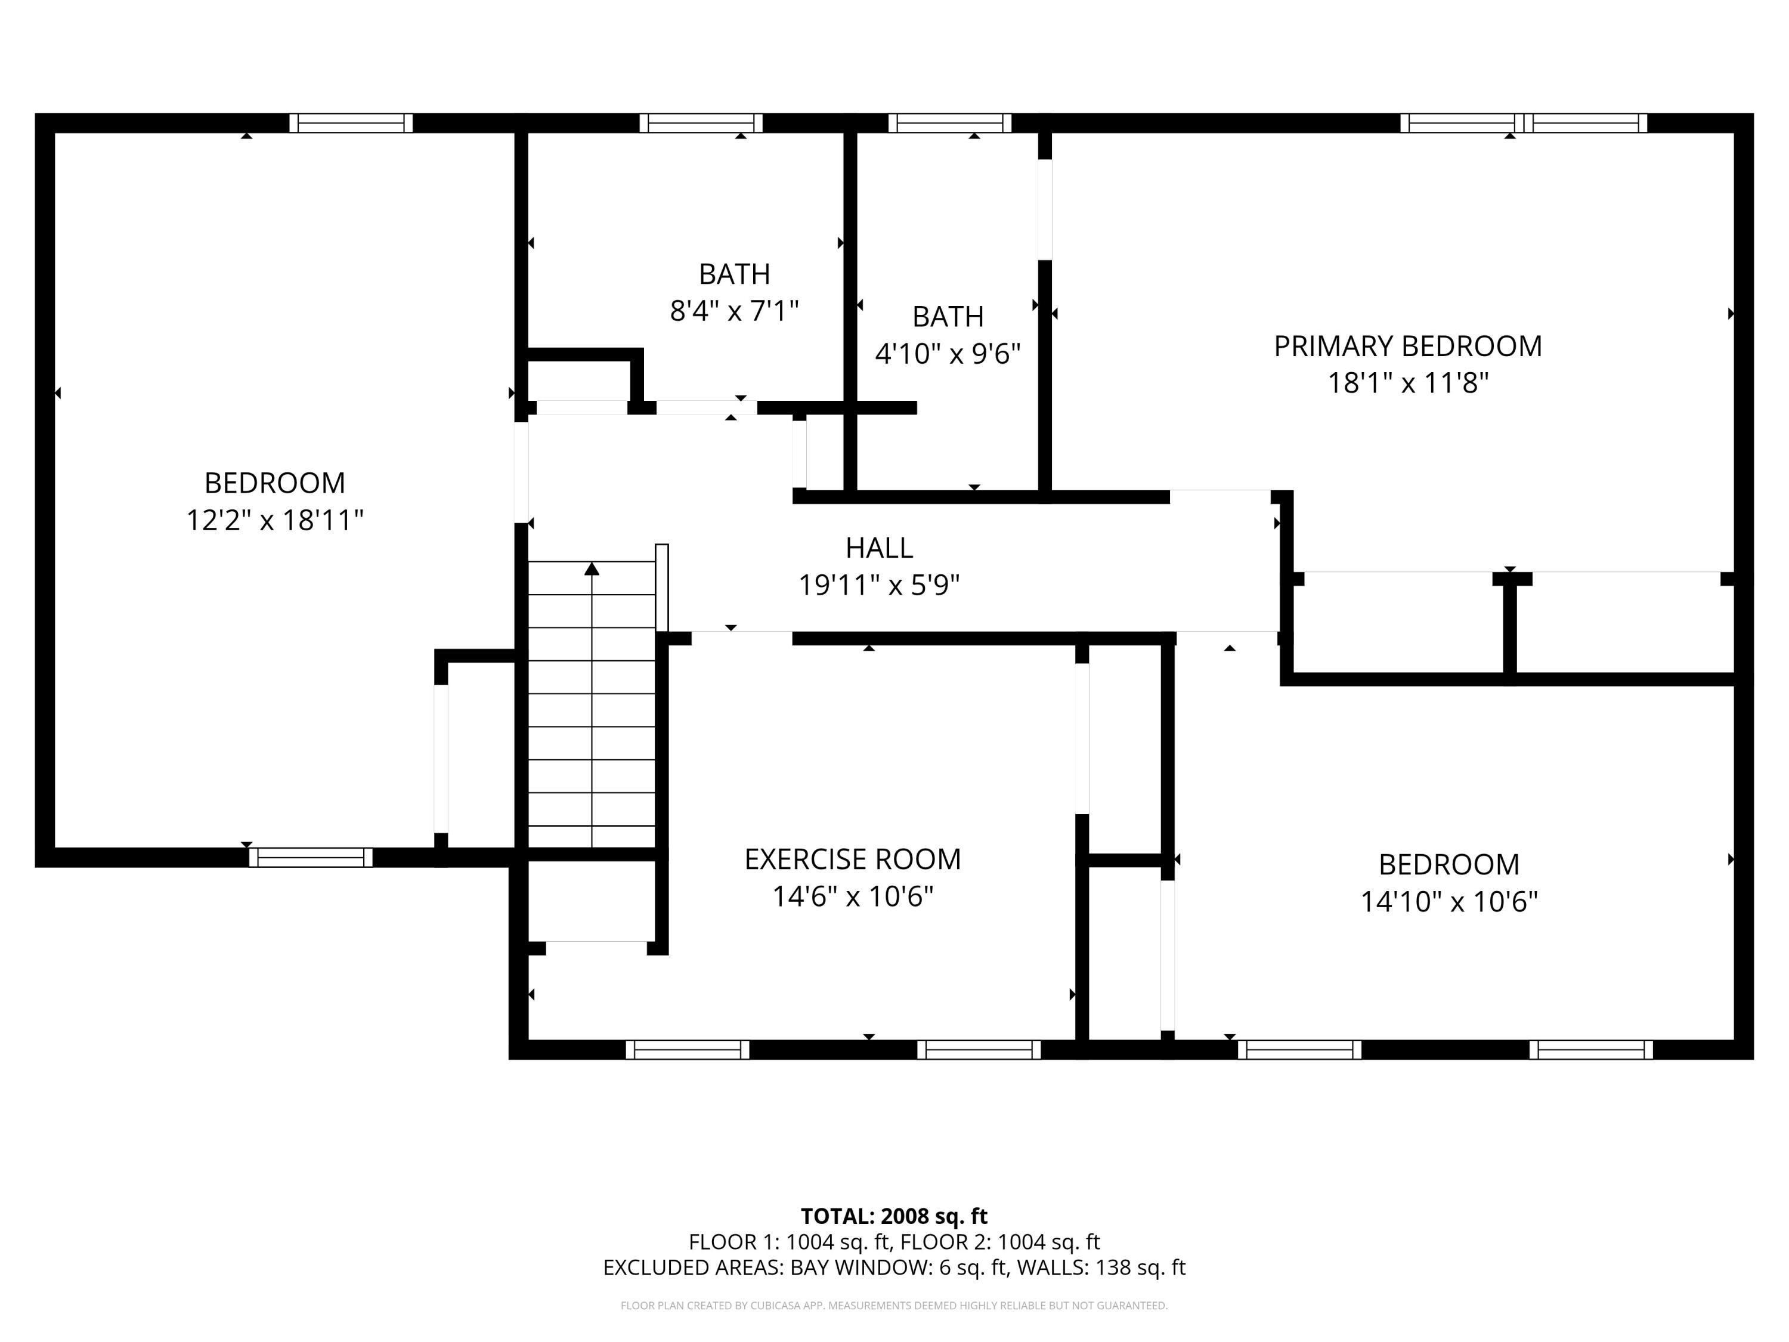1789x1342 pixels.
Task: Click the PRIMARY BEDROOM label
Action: pos(1407,346)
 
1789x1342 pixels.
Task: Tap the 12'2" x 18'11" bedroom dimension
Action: pos(275,520)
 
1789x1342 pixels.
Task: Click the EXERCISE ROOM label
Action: pos(852,859)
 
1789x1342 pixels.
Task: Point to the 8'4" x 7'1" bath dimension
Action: pos(734,311)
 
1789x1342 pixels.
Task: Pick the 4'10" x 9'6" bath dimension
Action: pos(948,354)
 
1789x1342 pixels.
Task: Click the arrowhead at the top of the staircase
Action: pos(592,568)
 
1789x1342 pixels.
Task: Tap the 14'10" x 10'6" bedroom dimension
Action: pos(1448,901)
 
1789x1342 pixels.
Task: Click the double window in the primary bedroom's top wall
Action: pos(1524,123)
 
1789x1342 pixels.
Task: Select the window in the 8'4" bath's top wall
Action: pos(701,123)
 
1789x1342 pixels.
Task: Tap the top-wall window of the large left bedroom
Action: pos(351,123)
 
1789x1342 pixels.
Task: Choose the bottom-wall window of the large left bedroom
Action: pos(311,858)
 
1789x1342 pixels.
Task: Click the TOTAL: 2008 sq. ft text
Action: pos(894,1216)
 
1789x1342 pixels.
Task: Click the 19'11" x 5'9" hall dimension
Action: pos(879,585)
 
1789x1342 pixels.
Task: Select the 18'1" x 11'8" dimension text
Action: pos(1407,383)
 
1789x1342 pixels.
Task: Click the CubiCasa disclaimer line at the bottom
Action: pos(894,1306)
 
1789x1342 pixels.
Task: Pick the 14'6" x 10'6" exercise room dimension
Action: pos(852,896)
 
